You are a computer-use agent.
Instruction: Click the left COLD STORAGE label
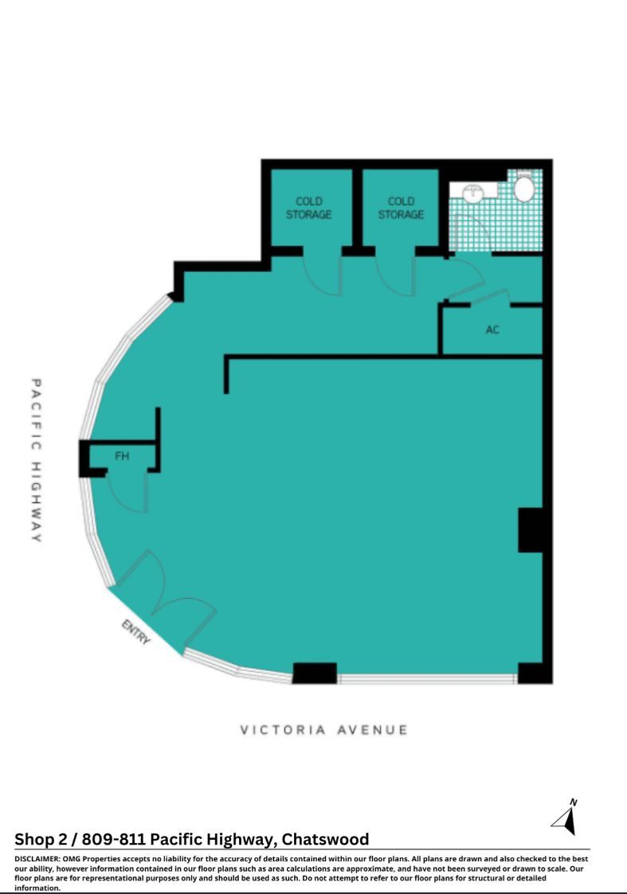click(308, 208)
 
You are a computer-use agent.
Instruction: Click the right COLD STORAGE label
click(401, 208)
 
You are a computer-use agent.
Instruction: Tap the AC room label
click(492, 330)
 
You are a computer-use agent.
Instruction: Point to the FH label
click(122, 456)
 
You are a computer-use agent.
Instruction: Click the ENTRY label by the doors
click(136, 632)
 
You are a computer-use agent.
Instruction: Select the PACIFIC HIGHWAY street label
click(36, 460)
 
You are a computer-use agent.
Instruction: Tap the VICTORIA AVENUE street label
click(323, 730)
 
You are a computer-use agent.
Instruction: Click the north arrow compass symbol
click(566, 818)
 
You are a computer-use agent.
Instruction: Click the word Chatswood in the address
click(325, 839)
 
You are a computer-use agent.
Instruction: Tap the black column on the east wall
click(531, 530)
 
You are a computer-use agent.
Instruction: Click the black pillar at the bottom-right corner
click(535, 673)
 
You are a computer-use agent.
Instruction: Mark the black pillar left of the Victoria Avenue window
click(315, 673)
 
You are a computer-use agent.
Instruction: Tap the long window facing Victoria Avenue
click(427, 678)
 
